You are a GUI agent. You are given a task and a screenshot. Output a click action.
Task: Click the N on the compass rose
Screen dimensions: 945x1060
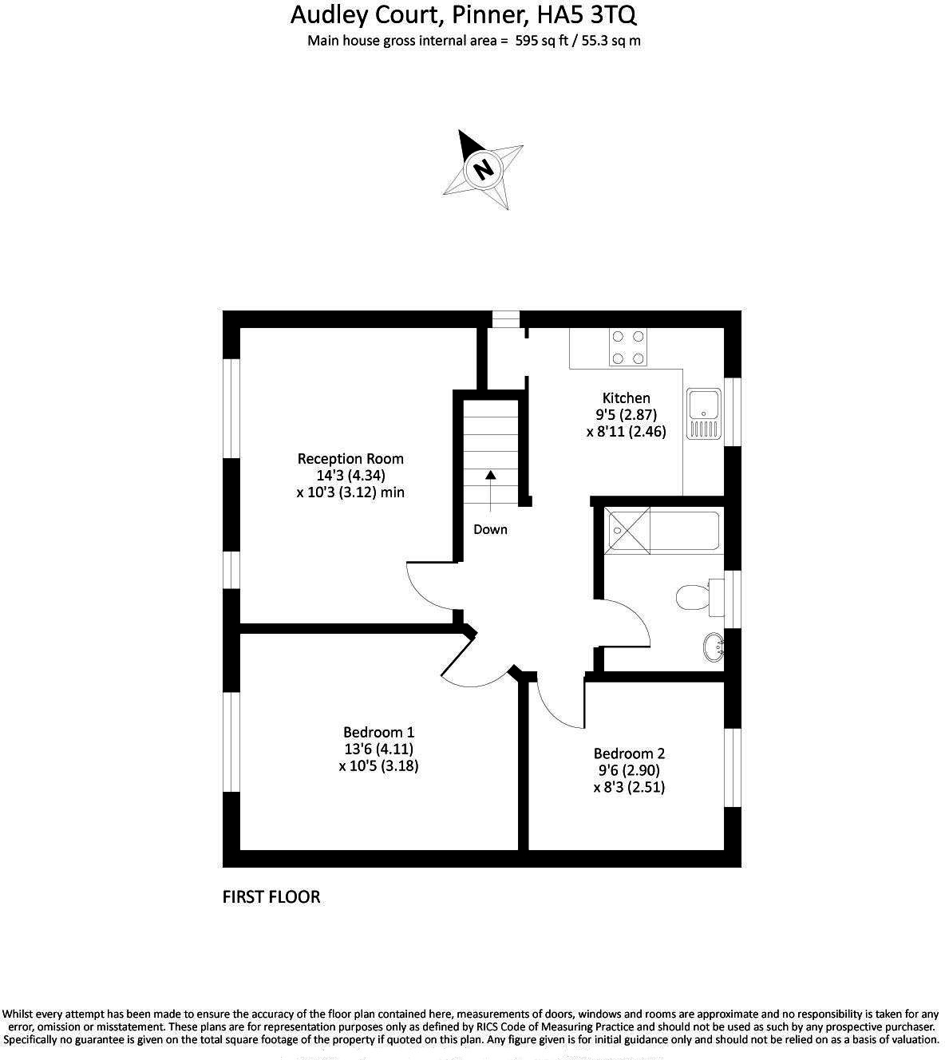pyautogui.click(x=482, y=169)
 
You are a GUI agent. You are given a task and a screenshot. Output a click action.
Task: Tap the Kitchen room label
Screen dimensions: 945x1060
pyautogui.click(x=626, y=397)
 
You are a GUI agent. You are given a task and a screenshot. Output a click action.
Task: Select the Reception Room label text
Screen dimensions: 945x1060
pyautogui.click(x=350, y=459)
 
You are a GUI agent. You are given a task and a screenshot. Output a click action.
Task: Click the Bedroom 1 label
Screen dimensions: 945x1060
pyautogui.click(x=378, y=732)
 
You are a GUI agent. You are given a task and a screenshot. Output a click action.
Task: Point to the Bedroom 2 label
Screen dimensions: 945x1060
pyautogui.click(x=629, y=753)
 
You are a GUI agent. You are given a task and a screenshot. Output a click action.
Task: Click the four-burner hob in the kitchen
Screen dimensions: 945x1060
pyautogui.click(x=627, y=348)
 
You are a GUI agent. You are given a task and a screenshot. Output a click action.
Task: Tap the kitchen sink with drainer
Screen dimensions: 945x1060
pyautogui.click(x=703, y=414)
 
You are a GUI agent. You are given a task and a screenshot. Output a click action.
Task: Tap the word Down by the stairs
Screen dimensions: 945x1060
pyautogui.click(x=490, y=529)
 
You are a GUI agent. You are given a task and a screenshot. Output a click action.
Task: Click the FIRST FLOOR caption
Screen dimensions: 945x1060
pyautogui.click(x=271, y=897)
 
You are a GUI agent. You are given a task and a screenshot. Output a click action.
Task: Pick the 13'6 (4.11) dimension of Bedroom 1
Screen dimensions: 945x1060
pyautogui.click(x=378, y=749)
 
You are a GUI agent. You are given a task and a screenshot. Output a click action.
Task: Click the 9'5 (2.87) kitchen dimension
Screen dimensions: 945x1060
pyautogui.click(x=626, y=414)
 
